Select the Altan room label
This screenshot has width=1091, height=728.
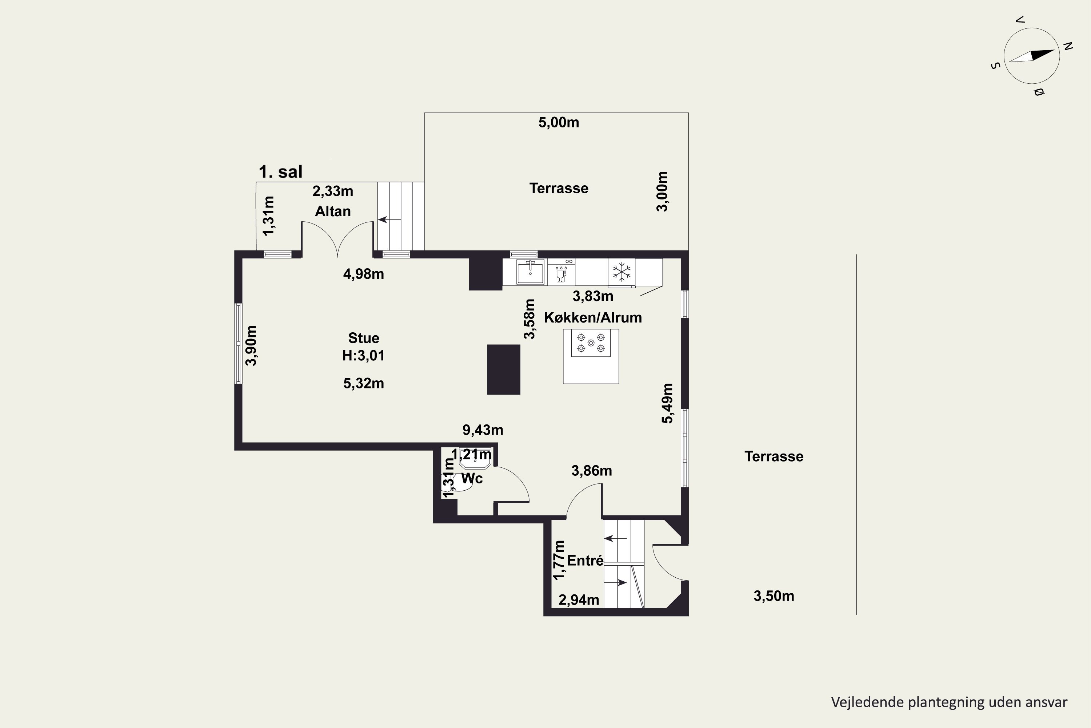(333, 211)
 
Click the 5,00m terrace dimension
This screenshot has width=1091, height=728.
(559, 123)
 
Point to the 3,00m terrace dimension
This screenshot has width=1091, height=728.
(662, 191)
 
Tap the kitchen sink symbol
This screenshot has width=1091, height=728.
(530, 272)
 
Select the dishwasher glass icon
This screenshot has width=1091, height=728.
(561, 274)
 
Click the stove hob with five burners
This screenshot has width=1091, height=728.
(591, 343)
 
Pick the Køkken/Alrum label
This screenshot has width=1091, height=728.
(593, 317)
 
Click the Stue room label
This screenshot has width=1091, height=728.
(364, 338)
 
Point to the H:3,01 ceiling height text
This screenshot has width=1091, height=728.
(364, 356)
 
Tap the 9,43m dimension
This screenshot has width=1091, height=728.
(483, 430)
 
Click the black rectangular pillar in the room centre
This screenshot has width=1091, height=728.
(504, 369)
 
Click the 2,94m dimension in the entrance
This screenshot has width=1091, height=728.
(579, 600)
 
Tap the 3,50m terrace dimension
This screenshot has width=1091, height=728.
(774, 596)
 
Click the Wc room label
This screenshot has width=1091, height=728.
(472, 478)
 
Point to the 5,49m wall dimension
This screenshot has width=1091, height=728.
(667, 403)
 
